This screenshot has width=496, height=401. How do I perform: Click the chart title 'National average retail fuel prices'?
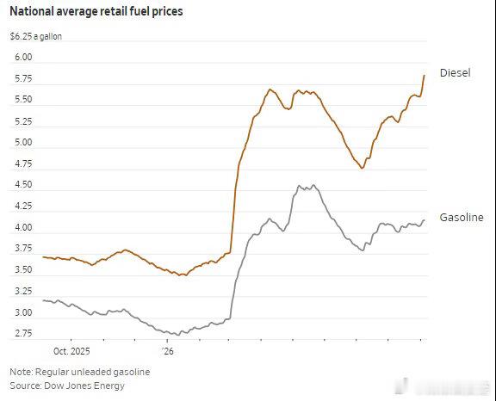click(x=96, y=11)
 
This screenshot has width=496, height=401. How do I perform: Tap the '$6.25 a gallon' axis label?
click(x=36, y=37)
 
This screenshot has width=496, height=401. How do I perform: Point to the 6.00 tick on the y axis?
click(x=23, y=57)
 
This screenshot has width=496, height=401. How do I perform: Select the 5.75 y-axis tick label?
click(x=23, y=78)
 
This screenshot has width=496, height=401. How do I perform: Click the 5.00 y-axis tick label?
click(x=23, y=143)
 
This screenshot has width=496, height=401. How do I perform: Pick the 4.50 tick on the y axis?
click(x=23, y=184)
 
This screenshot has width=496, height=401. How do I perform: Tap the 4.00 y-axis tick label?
click(x=23, y=227)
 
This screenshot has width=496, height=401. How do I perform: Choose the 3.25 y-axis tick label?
click(x=23, y=291)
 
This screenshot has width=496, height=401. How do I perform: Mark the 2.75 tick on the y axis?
click(x=23, y=334)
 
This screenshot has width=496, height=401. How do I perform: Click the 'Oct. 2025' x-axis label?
click(x=71, y=351)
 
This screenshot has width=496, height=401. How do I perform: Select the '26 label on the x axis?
click(x=167, y=351)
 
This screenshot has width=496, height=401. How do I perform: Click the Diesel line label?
click(x=456, y=73)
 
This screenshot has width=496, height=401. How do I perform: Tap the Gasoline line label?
click(x=462, y=218)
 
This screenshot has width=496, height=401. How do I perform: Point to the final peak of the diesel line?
click(x=425, y=75)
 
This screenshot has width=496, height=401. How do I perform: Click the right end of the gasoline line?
click(x=425, y=220)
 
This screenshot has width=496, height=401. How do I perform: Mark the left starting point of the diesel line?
click(x=43, y=257)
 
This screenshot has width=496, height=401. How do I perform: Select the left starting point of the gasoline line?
click(x=43, y=300)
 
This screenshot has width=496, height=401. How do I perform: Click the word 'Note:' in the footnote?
click(x=22, y=372)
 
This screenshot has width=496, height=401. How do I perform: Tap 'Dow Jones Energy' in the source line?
click(x=84, y=386)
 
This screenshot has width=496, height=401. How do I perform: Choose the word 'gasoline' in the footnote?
click(x=132, y=373)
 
